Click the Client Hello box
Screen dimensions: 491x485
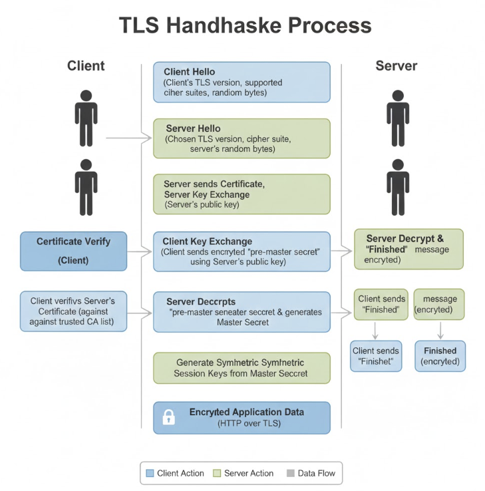click(242, 82)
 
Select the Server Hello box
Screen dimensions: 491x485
click(242, 138)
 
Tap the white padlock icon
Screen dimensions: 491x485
click(169, 418)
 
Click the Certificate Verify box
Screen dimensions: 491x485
click(73, 251)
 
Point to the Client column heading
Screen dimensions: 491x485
click(86, 66)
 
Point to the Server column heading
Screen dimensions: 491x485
click(397, 66)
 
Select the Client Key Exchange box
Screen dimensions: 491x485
click(242, 251)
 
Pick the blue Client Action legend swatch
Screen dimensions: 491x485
click(150, 473)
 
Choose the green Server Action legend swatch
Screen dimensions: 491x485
click(217, 473)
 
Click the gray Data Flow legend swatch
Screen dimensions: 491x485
click(290, 473)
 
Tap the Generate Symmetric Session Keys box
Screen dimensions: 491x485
click(242, 368)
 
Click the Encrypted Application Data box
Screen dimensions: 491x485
click(242, 417)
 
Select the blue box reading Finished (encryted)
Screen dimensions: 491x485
click(440, 356)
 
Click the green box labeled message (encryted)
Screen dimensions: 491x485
click(439, 304)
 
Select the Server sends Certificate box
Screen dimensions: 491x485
click(242, 194)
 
